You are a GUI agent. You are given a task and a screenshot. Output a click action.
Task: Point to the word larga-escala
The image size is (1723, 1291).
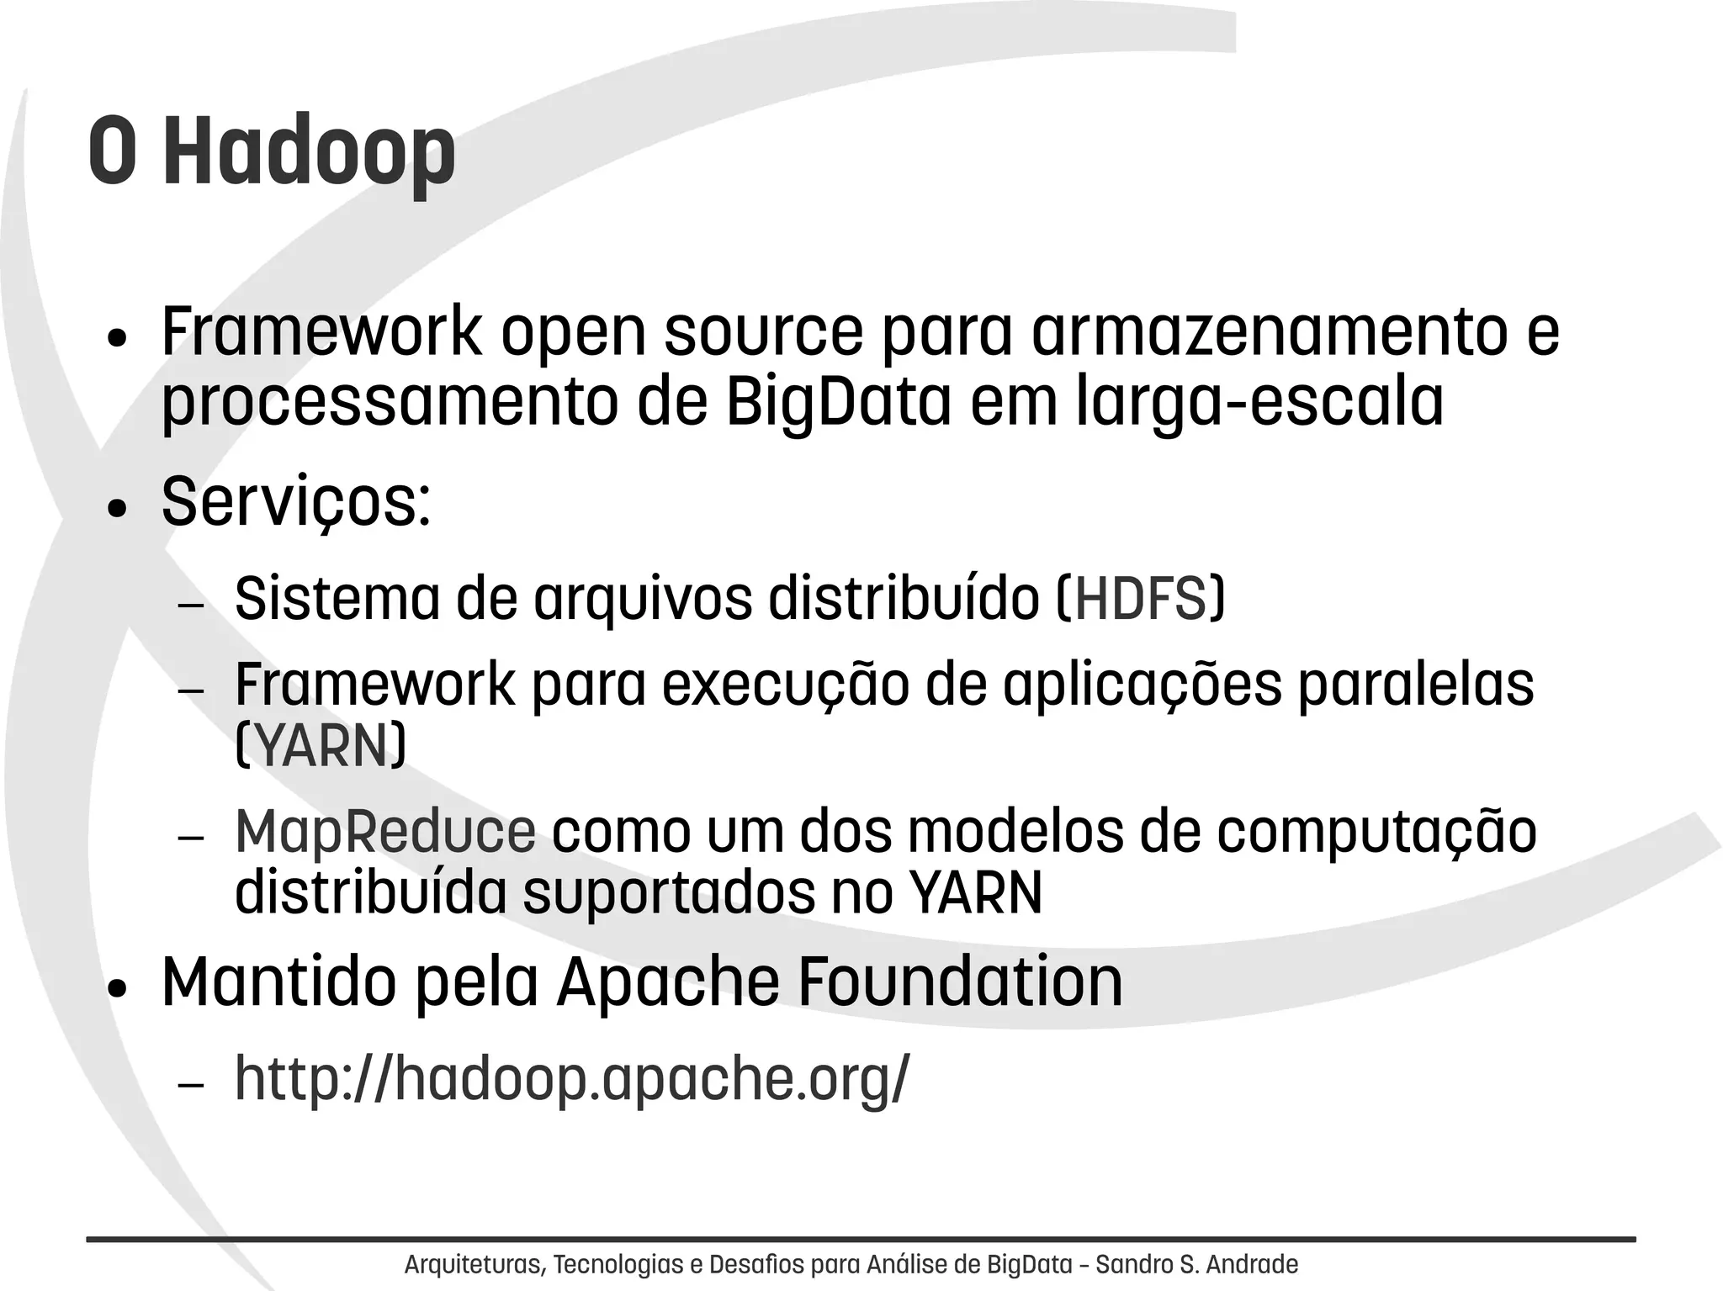click(1259, 403)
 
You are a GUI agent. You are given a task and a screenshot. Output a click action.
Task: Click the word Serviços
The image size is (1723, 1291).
click(295, 503)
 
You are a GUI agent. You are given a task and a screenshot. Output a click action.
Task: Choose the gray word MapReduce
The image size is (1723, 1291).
click(385, 832)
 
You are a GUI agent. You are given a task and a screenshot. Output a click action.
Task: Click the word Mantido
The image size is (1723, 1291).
click(278, 981)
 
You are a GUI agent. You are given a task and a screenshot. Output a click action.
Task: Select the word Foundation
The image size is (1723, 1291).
click(959, 981)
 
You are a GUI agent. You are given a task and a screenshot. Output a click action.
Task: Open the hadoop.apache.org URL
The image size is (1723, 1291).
click(572, 1077)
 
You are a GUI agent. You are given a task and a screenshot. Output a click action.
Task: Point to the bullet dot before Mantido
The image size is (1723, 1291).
click(117, 989)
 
